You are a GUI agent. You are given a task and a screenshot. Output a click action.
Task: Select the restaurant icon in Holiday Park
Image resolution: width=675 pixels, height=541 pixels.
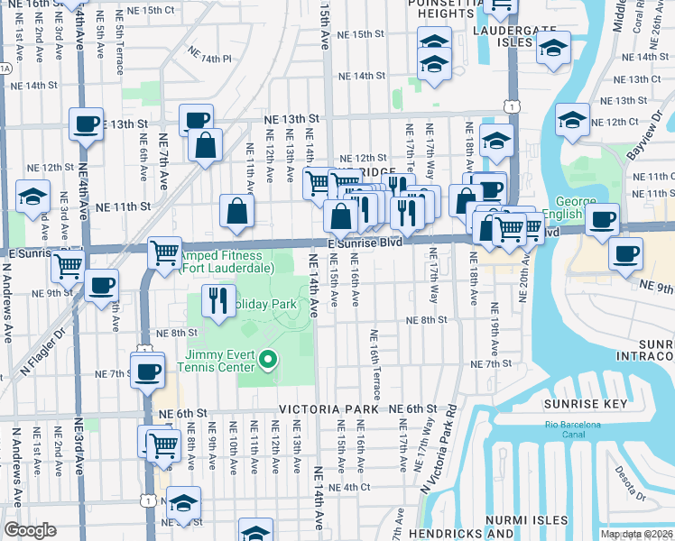216,300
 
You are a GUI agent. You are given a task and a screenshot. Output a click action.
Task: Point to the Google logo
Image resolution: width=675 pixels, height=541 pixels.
30,530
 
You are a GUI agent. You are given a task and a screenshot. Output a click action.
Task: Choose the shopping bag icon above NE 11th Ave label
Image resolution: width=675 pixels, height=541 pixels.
236,212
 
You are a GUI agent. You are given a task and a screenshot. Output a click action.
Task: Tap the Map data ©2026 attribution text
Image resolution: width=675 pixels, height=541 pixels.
636,534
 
